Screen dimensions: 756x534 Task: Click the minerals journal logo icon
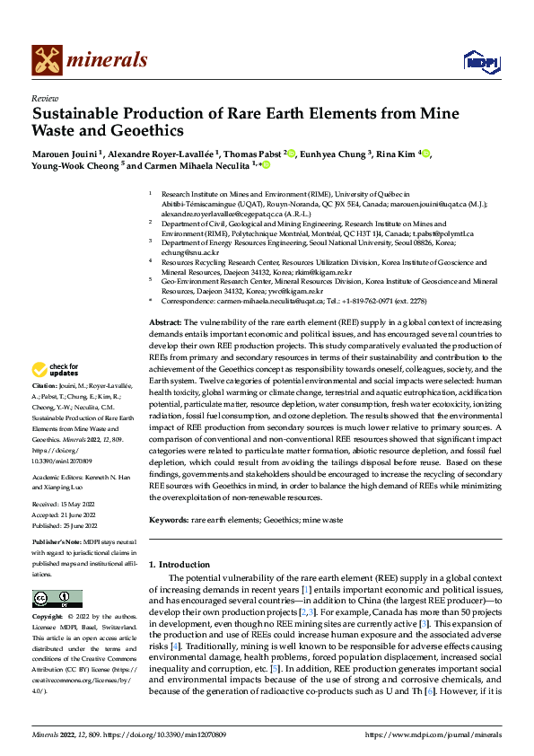(48, 60)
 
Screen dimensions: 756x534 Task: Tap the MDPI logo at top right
(479, 61)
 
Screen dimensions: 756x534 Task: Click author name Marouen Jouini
(66, 154)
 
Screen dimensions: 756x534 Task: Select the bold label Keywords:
(169, 518)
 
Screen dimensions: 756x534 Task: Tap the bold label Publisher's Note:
(57, 544)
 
